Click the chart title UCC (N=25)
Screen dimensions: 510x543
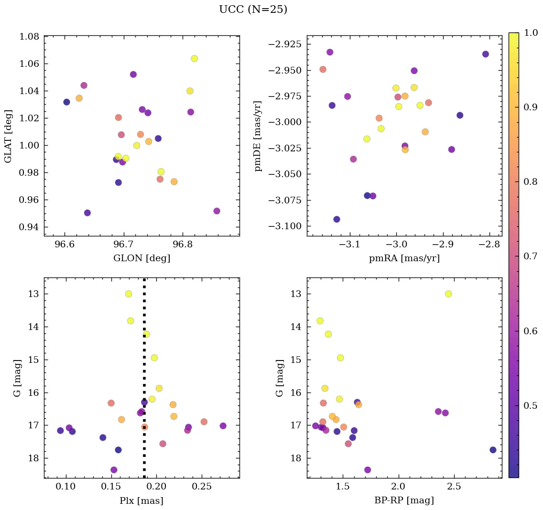click(x=253, y=10)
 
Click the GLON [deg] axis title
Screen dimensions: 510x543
click(x=141, y=258)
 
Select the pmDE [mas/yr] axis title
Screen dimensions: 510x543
click(x=258, y=136)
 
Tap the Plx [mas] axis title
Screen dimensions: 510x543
click(x=141, y=500)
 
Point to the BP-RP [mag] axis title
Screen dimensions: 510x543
click(x=404, y=500)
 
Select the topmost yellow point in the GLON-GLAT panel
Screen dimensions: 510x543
click(x=194, y=59)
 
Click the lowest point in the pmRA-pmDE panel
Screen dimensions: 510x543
click(x=337, y=219)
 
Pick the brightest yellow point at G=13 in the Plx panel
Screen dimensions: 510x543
click(x=128, y=294)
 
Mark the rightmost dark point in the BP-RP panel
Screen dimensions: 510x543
click(x=493, y=450)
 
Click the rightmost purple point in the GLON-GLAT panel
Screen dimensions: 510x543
click(x=217, y=211)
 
